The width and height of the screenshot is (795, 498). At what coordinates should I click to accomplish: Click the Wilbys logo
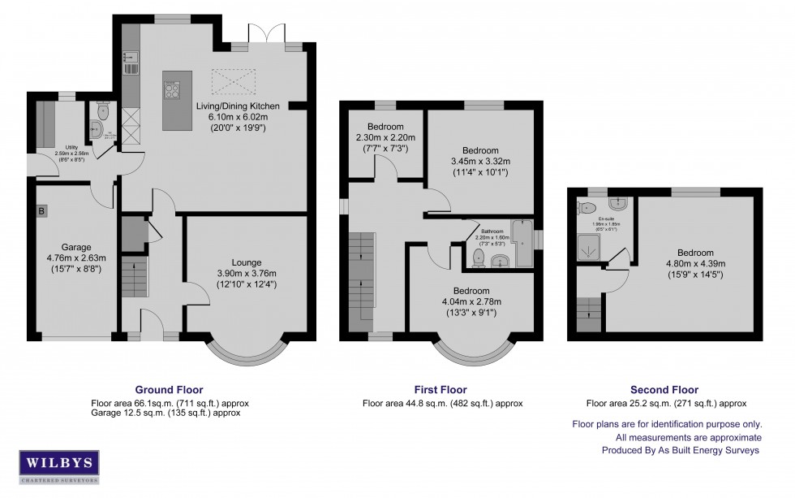[x=59, y=466]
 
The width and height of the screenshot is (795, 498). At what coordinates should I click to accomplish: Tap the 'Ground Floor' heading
[x=169, y=390]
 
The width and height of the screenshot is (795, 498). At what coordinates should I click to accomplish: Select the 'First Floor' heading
[x=442, y=390]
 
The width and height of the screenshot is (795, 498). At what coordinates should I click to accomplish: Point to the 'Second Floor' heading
[x=665, y=390]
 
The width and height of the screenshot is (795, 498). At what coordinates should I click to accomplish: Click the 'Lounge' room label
[x=246, y=262]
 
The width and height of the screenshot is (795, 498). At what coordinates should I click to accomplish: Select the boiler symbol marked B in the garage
[x=41, y=211]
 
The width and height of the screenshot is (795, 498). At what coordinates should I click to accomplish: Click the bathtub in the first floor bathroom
[x=521, y=242]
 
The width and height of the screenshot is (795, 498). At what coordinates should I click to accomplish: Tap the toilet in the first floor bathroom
[x=478, y=258]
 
